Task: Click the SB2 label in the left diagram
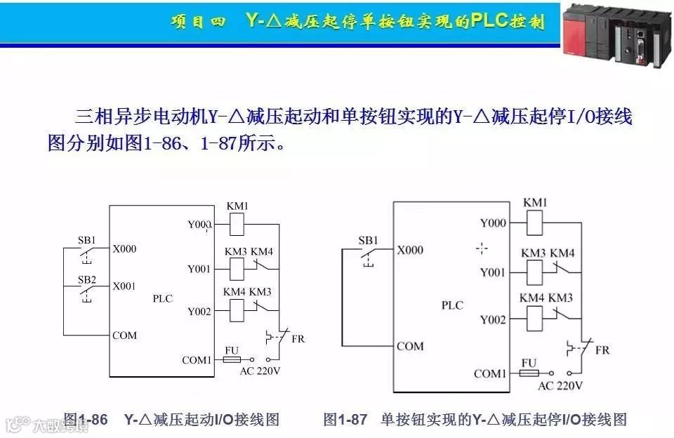[x=87, y=279]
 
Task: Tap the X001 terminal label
[x=124, y=286]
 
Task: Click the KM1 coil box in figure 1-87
[x=535, y=223]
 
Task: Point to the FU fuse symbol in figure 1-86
[x=232, y=360]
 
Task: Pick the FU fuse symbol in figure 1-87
[x=529, y=373]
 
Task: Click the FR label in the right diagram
[x=602, y=350]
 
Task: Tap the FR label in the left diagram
[x=298, y=338]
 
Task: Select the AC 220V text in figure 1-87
[x=560, y=385]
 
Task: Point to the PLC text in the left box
[x=162, y=298]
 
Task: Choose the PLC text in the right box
[x=452, y=305]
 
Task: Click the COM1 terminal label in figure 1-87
[x=489, y=373]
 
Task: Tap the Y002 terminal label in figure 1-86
[x=199, y=311]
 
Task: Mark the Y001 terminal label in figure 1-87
[x=493, y=272]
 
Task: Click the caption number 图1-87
[x=345, y=420]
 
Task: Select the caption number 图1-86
[x=86, y=420]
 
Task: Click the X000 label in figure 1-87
[x=410, y=250]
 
